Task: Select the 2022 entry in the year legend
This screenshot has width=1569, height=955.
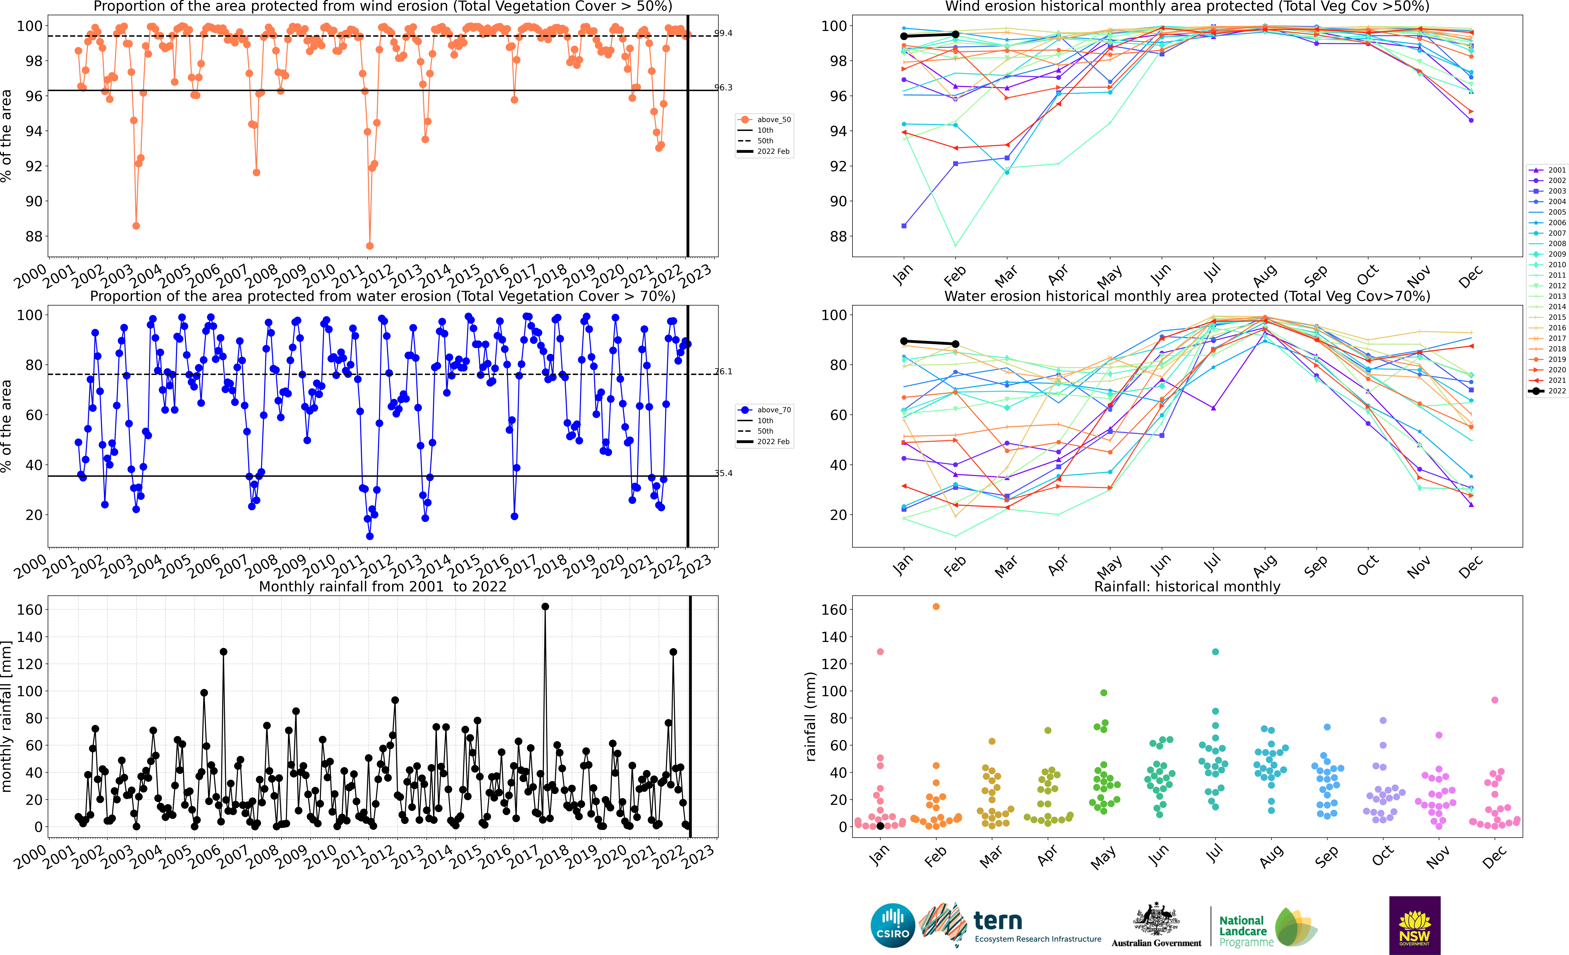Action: pyautogui.click(x=1547, y=391)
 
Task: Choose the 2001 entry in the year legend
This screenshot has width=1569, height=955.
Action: pyautogui.click(x=1547, y=170)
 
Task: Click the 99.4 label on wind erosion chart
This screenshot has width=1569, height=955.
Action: pyautogui.click(x=723, y=33)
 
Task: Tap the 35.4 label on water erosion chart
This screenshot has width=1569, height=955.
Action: pyautogui.click(x=723, y=473)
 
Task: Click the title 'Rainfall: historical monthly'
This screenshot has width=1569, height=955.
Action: pyautogui.click(x=1187, y=586)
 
